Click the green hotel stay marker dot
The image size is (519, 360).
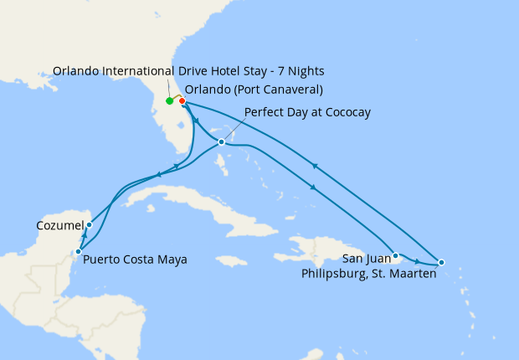click(170, 101)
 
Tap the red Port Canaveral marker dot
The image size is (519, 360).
click(182, 101)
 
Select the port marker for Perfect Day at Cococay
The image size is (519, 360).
click(221, 141)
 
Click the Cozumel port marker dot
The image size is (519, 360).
click(89, 224)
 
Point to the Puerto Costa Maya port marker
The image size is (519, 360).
click(78, 251)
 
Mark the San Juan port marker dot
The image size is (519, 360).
click(395, 255)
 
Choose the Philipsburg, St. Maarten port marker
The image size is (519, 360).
click(442, 263)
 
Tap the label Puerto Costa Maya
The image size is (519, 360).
click(135, 260)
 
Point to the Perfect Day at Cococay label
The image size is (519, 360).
click(307, 112)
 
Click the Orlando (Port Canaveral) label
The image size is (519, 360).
click(254, 90)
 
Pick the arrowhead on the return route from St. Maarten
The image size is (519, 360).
click(315, 165)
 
